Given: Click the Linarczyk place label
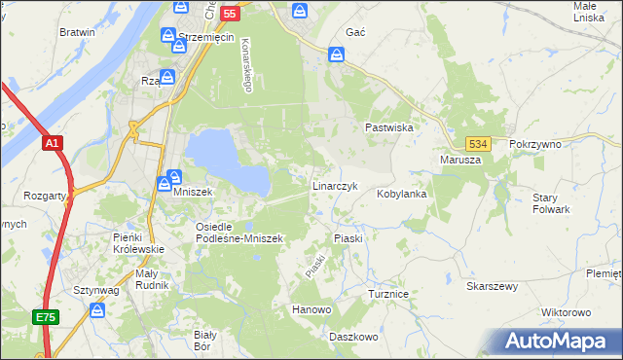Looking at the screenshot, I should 335,185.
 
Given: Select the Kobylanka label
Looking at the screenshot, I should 402,194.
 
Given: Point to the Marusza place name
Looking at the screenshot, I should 460,160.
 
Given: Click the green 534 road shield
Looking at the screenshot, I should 476,143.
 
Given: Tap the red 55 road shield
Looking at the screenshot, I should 230,14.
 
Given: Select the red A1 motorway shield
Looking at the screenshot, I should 54,143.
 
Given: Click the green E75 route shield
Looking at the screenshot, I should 46,317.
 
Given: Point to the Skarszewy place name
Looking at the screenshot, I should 491,287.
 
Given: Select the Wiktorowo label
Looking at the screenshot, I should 566,313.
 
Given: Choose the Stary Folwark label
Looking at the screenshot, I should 551,203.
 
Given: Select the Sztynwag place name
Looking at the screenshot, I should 95,290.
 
